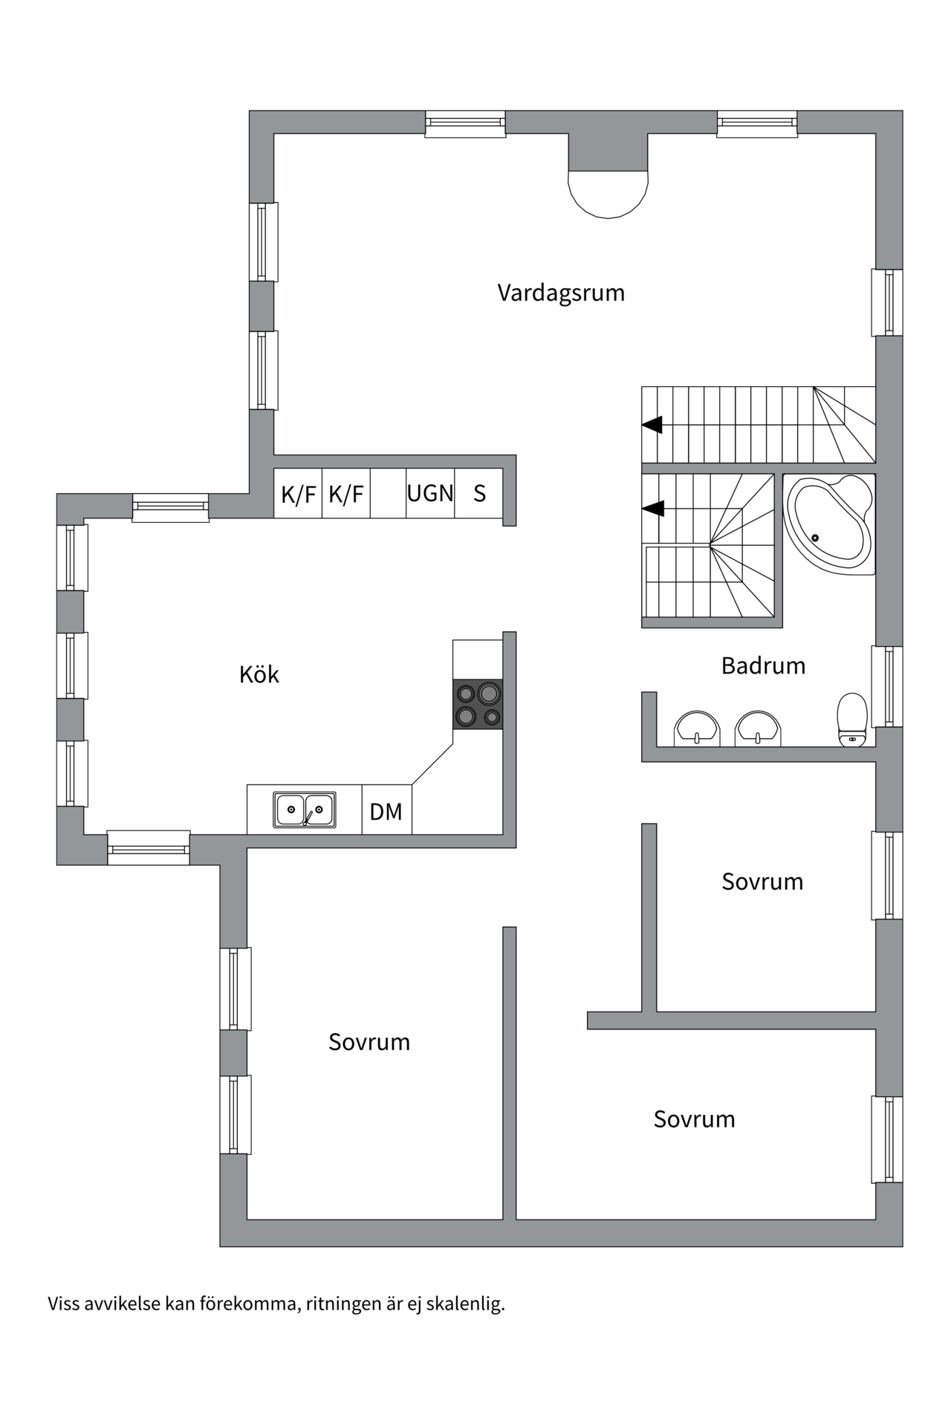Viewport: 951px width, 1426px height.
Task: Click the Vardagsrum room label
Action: (561, 293)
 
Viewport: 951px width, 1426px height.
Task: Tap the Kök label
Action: (259, 674)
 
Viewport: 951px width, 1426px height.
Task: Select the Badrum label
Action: (763, 665)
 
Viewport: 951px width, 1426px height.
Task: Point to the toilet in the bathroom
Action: (852, 718)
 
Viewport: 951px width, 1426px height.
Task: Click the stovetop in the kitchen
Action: (478, 704)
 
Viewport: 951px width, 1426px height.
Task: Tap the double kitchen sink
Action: (305, 810)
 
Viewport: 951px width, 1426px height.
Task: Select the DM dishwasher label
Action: (386, 812)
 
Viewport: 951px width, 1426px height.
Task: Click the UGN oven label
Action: (430, 493)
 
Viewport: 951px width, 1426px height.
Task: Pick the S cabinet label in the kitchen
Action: (480, 493)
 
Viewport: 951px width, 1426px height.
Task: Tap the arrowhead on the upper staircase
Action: (652, 425)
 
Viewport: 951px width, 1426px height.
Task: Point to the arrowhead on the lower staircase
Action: (652, 509)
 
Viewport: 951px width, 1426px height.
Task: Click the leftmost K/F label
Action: (298, 494)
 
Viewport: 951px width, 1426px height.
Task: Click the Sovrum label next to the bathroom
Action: (762, 882)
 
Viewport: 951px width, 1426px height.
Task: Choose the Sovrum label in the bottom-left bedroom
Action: (369, 1042)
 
